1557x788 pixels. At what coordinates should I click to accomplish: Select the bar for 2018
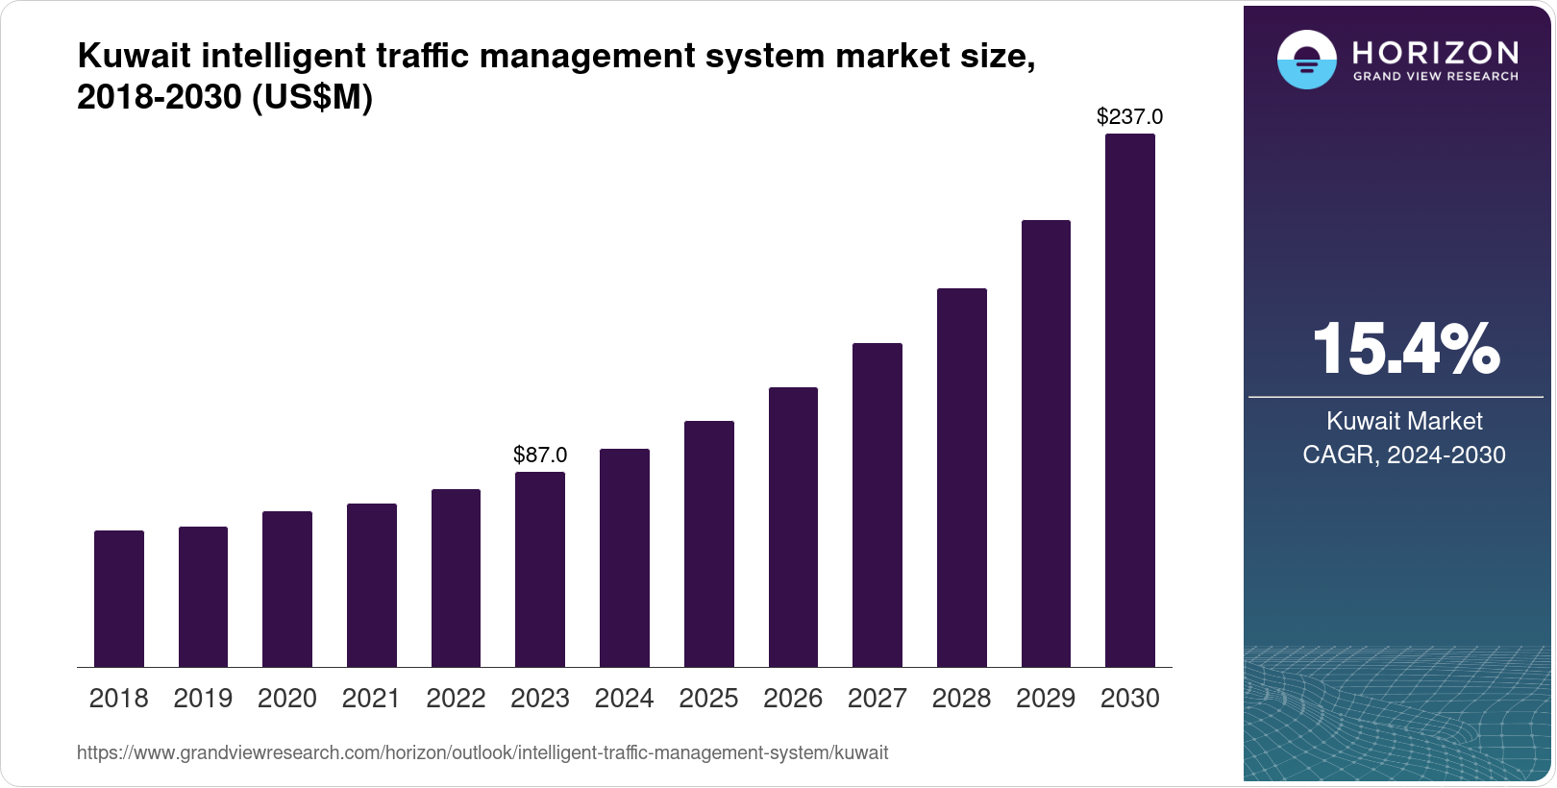(x=119, y=599)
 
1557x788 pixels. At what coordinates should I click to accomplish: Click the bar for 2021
(x=372, y=585)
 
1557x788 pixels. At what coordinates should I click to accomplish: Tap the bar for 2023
(x=540, y=569)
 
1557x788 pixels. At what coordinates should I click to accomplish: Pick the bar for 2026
(x=793, y=527)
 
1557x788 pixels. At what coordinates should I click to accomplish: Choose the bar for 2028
(x=961, y=478)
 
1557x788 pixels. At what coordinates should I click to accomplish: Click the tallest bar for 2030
(x=1130, y=401)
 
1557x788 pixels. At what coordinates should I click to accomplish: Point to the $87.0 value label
(x=540, y=455)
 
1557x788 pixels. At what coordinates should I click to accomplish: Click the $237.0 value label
(x=1129, y=117)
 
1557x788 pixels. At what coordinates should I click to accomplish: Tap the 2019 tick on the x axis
(x=203, y=699)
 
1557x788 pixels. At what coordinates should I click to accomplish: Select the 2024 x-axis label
(x=625, y=699)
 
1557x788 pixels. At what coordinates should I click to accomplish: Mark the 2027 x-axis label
(x=877, y=699)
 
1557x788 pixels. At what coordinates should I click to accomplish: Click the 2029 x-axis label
(x=1046, y=699)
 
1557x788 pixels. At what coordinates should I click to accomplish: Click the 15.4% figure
(x=1404, y=349)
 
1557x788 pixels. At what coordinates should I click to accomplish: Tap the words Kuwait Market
(x=1404, y=421)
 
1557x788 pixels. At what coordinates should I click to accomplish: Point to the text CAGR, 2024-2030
(x=1404, y=455)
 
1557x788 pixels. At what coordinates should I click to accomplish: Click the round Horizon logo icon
(x=1306, y=60)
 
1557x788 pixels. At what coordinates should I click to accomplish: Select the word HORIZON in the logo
(x=1435, y=52)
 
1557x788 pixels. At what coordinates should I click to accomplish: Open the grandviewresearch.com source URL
(x=482, y=753)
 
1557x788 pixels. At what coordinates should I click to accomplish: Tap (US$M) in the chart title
(x=312, y=97)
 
